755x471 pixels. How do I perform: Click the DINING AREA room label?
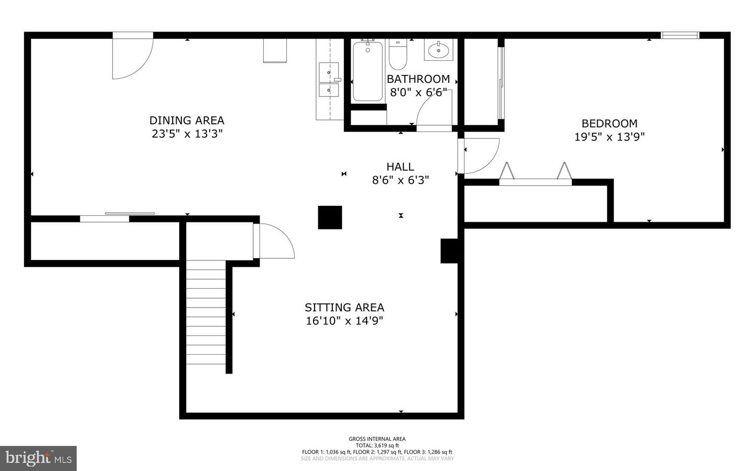point(187,121)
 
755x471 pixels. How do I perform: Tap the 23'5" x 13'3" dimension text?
point(187,134)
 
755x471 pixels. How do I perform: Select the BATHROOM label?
point(418,79)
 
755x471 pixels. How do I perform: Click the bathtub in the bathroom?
point(368,71)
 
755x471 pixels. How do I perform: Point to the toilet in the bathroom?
point(398,54)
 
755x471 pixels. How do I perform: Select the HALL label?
point(400,167)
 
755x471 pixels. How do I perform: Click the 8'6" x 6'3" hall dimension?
point(401,180)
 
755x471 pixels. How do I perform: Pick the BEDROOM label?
point(609,123)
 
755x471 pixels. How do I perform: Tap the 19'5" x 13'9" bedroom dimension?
point(609,137)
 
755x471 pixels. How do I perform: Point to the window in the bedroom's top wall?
point(680,35)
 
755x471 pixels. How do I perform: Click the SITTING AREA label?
point(344,307)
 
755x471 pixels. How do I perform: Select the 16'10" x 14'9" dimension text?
point(344,321)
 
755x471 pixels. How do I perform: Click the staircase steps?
point(206,312)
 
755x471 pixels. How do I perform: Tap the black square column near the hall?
point(330,217)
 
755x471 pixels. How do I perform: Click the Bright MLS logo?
point(38,458)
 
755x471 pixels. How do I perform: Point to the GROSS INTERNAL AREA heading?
point(377,439)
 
